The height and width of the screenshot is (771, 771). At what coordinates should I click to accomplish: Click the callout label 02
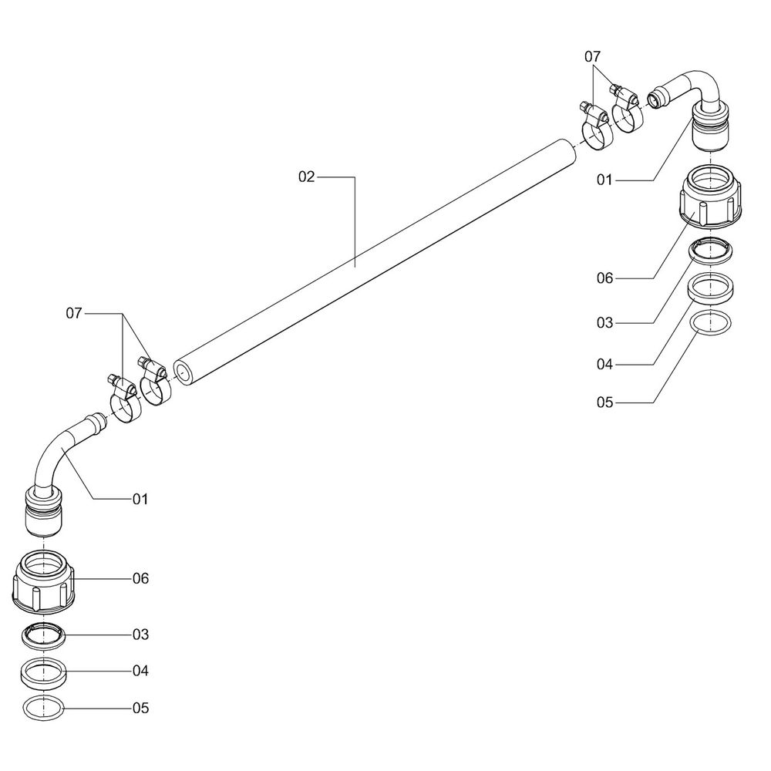click(x=307, y=177)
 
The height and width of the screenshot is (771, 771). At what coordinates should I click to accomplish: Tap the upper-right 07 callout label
click(x=592, y=57)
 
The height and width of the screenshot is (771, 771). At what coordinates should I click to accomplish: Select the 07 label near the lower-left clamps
click(x=74, y=314)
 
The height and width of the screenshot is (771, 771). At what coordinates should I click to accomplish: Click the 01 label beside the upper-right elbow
click(x=604, y=180)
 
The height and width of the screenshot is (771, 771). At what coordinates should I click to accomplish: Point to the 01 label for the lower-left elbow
click(x=140, y=499)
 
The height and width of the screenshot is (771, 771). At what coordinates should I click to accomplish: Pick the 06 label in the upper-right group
click(x=604, y=278)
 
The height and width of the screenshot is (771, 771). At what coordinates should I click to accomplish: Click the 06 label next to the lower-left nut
click(x=140, y=578)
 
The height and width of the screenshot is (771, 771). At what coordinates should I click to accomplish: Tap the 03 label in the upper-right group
click(x=604, y=323)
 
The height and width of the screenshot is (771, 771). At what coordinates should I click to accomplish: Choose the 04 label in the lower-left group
click(x=140, y=671)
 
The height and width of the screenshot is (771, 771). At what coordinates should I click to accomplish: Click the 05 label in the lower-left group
click(x=140, y=708)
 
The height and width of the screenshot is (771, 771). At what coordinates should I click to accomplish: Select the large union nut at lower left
click(x=45, y=583)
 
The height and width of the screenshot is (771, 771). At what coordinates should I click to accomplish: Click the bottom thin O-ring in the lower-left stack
click(x=45, y=706)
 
